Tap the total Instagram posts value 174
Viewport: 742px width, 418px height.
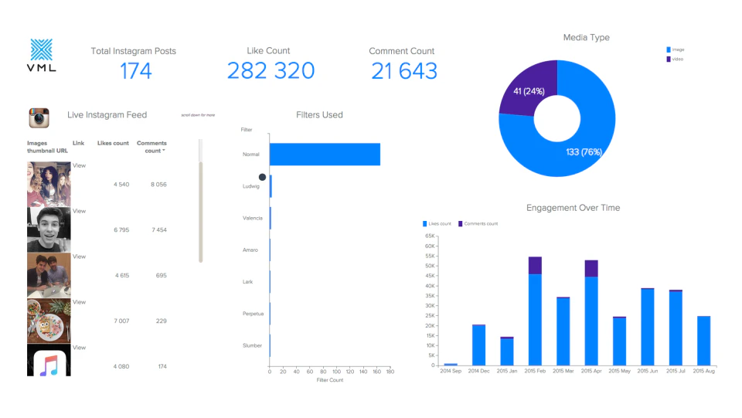tap(135, 71)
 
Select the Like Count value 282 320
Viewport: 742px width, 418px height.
tap(271, 71)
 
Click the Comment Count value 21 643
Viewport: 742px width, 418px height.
tap(403, 71)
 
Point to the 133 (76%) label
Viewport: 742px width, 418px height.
tap(584, 151)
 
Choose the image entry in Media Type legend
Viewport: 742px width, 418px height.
tap(677, 49)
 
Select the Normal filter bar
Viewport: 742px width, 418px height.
tap(325, 155)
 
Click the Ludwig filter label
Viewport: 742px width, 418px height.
tap(251, 186)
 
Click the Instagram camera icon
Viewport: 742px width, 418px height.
tap(39, 118)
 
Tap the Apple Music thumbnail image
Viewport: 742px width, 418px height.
tap(49, 360)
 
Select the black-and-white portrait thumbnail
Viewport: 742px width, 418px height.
tap(49, 230)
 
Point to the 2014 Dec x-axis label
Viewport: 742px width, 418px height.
tap(479, 372)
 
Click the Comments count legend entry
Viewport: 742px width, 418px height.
tap(479, 223)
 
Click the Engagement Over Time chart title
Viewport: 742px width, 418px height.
tap(573, 208)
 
